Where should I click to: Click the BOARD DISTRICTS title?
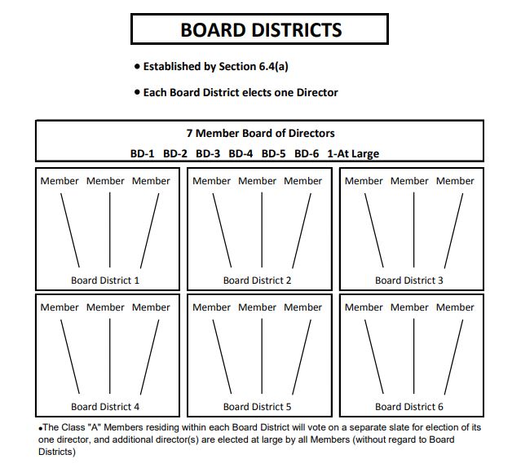[260, 30]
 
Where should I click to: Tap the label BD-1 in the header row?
[143, 153]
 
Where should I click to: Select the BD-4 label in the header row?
[241, 153]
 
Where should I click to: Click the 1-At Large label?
[353, 153]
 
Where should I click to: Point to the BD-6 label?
[307, 153]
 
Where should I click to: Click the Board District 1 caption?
[105, 280]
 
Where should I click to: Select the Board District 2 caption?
[258, 280]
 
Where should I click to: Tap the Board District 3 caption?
[409, 280]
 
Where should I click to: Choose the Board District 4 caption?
[105, 406]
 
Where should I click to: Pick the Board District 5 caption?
[258, 406]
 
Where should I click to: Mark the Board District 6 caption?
[409, 406]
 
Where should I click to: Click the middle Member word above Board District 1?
[105, 181]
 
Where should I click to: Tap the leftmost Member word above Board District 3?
[364, 181]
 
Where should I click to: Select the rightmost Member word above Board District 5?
[303, 307]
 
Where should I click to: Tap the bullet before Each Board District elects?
[137, 93]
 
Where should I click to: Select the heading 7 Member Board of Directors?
[260, 133]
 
